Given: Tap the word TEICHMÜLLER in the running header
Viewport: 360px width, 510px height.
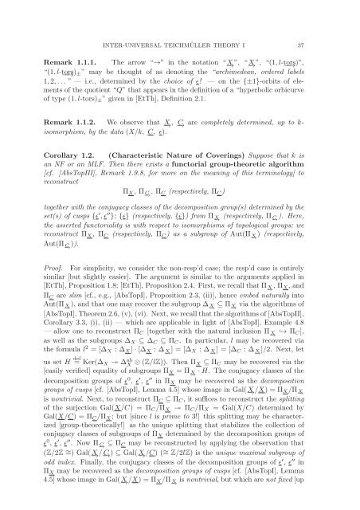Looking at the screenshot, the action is (189, 29).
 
